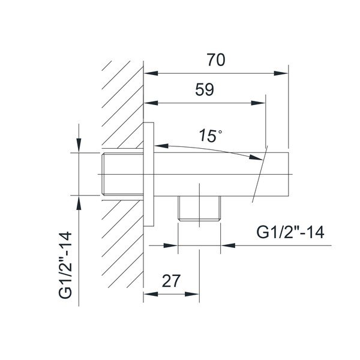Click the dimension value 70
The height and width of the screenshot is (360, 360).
tap(216, 59)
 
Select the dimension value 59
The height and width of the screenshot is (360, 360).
tap(205, 89)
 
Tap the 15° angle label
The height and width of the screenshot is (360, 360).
tap(211, 136)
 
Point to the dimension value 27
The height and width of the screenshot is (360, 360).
tap(171, 281)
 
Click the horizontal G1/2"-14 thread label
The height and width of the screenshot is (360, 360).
tap(290, 232)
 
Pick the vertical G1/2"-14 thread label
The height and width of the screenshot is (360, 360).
tap(65, 265)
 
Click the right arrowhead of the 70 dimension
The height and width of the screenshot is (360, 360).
tap(281, 73)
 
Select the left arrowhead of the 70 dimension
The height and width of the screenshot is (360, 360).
tap(151, 73)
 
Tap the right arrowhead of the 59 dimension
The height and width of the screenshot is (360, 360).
tap(258, 103)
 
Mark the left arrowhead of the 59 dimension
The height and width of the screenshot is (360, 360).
tap(151, 103)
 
